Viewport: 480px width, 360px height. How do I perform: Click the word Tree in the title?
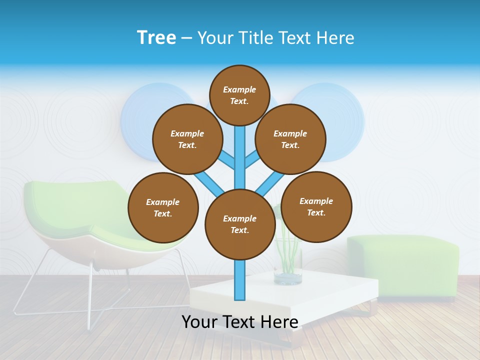click(156, 37)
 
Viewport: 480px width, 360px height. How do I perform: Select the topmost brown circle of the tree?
click(239, 95)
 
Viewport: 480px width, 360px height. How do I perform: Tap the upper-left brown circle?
click(187, 139)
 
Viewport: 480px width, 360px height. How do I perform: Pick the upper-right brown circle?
click(290, 139)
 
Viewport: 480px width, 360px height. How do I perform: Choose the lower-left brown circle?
click(163, 207)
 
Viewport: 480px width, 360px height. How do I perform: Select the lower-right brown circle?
click(316, 206)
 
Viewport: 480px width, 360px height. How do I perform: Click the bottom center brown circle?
click(240, 224)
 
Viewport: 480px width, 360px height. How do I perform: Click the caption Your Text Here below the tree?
click(240, 322)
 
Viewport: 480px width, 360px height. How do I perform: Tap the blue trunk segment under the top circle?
click(240, 150)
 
